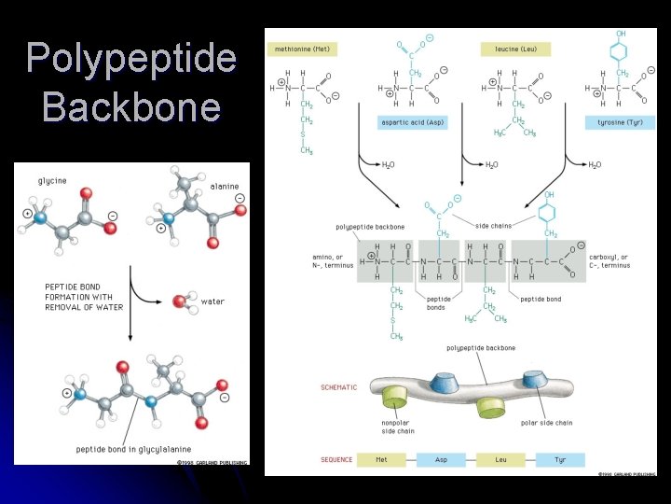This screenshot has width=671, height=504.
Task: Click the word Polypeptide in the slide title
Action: pos(130,59)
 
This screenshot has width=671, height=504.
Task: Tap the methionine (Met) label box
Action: pos(303,49)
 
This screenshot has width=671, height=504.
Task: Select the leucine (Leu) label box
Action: pos(515,49)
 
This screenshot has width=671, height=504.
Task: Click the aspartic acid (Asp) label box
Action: pos(410,122)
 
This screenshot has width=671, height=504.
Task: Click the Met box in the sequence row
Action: pos(381,459)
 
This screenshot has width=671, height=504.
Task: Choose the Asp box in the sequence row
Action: pos(441,459)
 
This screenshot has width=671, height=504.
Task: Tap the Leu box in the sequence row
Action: pos(500,459)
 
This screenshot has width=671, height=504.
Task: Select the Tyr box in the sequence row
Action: pos(560,459)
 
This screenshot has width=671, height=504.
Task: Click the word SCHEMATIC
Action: pos(339,387)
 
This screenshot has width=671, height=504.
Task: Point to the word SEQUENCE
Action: pos(337,459)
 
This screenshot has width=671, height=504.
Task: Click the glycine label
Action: pos(52,180)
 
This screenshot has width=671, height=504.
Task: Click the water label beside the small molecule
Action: pos(212,301)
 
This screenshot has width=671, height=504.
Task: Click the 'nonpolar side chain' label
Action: pos(399,427)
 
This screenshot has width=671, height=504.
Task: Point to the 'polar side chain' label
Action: pos(546,423)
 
